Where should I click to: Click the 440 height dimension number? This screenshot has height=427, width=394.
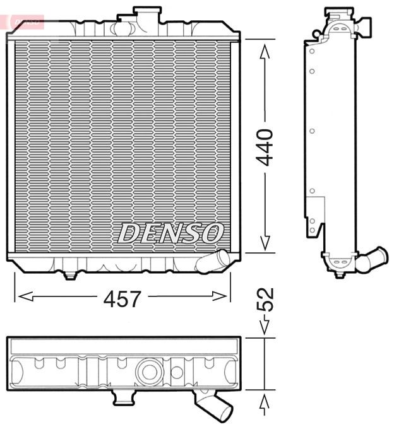click(265, 148)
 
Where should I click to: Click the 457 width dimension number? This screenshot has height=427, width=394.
click(122, 299)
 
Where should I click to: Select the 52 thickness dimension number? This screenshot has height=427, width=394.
click(265, 300)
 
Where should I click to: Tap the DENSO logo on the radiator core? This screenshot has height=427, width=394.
click(170, 233)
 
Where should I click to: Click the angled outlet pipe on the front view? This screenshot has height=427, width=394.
click(213, 261)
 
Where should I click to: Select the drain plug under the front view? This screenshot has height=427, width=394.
click(70, 276)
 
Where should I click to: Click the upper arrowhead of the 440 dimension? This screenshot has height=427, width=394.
click(265, 52)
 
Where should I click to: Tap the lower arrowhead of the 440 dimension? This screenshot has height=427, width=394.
click(265, 243)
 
